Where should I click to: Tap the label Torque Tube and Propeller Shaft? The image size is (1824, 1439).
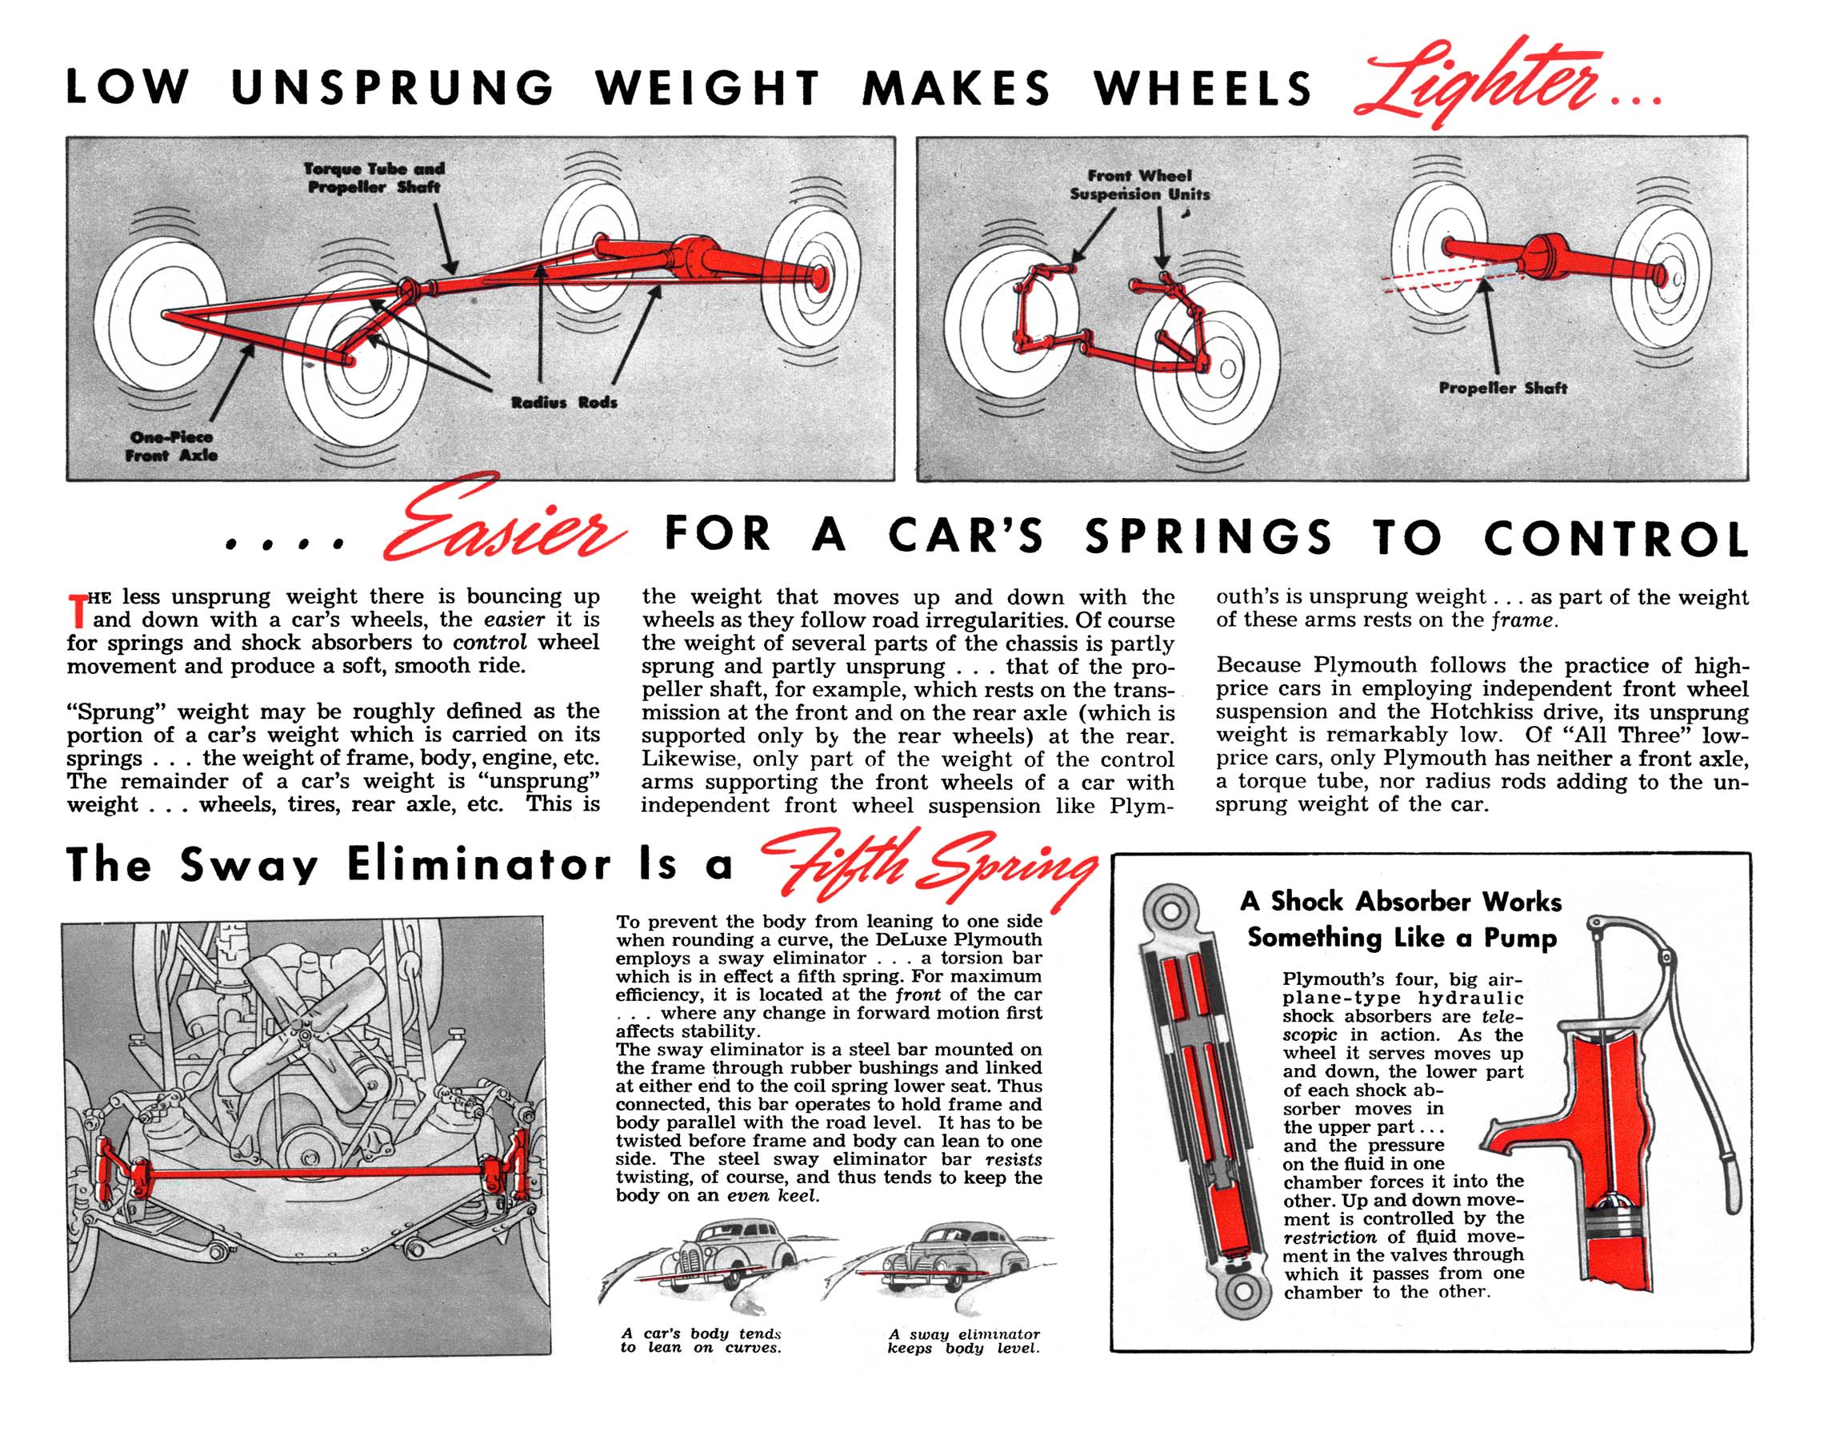[374, 177]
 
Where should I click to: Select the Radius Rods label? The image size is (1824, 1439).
[564, 403]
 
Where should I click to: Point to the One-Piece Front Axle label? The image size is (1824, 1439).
[172, 445]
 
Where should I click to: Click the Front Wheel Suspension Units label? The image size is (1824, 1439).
[1139, 185]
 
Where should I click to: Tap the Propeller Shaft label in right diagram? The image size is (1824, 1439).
[1503, 389]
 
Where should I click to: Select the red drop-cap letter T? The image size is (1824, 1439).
[77, 611]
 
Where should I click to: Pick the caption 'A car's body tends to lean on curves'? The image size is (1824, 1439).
[702, 1341]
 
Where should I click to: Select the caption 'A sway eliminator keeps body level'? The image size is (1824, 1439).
[963, 1341]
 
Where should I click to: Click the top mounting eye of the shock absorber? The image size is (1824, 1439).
[1170, 911]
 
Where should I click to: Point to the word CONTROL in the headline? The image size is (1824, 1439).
[1616, 537]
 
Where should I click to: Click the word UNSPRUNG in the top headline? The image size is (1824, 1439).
[392, 88]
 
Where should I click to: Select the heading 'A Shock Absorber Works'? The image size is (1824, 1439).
[1401, 902]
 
